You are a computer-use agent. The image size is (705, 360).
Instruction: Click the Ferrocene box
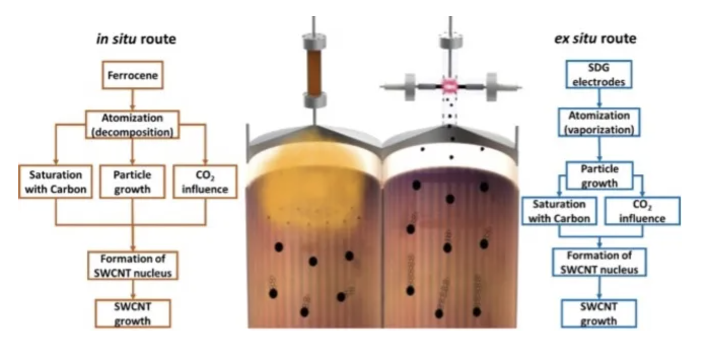pyautogui.click(x=132, y=75)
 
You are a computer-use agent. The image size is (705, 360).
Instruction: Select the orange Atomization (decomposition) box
pyautogui.click(x=132, y=125)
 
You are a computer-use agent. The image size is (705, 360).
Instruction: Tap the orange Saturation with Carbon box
pyautogui.click(x=55, y=182)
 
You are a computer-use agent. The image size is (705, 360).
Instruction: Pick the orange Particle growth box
pyautogui.click(x=132, y=182)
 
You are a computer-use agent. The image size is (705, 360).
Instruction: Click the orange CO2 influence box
pyautogui.click(x=205, y=182)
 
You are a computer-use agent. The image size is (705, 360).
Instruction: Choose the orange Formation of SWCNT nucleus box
pyautogui.click(x=132, y=265)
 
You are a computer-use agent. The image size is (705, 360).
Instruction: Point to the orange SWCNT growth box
pyautogui.click(x=132, y=313)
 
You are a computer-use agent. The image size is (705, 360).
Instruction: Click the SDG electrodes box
pyautogui.click(x=599, y=74)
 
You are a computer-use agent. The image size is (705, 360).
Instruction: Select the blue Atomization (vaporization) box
pyautogui.click(x=599, y=122)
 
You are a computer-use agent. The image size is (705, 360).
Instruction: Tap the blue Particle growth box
pyautogui.click(x=600, y=175)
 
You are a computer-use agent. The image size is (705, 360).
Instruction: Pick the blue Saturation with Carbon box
pyautogui.click(x=559, y=211)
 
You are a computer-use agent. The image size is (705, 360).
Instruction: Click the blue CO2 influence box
pyautogui.click(x=642, y=211)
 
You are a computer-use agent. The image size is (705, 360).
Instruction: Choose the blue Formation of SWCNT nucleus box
pyautogui.click(x=600, y=263)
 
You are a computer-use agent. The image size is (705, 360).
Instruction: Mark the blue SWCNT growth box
pyautogui.click(x=599, y=313)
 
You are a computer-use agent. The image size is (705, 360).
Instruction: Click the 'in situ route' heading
pyautogui.click(x=136, y=39)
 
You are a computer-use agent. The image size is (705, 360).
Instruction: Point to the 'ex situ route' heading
pyautogui.click(x=595, y=39)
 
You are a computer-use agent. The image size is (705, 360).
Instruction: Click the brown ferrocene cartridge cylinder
pyautogui.click(x=314, y=72)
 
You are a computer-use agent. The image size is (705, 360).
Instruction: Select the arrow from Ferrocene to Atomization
pyautogui.click(x=132, y=99)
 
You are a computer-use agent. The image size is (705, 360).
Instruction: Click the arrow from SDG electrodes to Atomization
pyautogui.click(x=600, y=98)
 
